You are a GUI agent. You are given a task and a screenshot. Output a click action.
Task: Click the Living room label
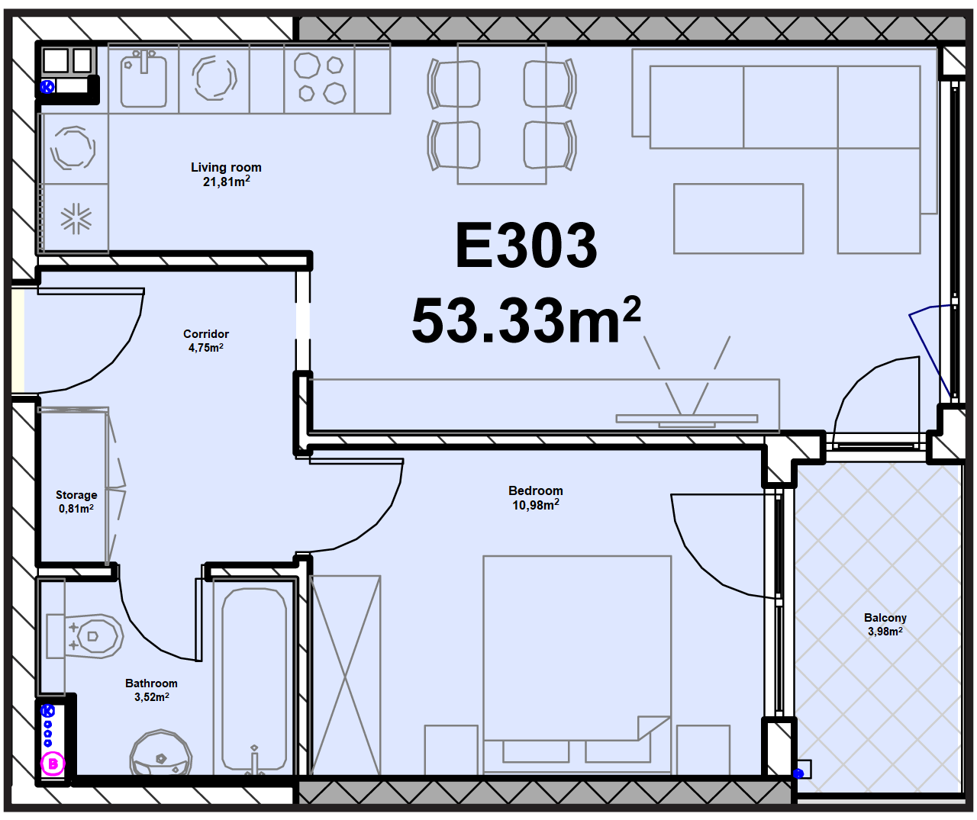[226, 168]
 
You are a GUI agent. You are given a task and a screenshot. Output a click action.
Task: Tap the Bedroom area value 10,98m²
[536, 505]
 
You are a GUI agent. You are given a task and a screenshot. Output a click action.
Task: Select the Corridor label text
[206, 334]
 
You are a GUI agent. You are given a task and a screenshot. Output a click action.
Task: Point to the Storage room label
[76, 495]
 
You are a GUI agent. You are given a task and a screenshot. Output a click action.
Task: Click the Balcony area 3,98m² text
[885, 632]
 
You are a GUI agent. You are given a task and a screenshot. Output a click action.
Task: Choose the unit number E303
[527, 245]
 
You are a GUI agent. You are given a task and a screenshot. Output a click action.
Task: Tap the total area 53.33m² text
[526, 320]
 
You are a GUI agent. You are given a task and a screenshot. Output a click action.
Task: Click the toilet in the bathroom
[85, 636]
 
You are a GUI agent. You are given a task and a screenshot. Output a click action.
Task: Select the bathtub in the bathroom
[254, 680]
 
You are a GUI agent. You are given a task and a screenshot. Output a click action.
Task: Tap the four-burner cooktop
[319, 79]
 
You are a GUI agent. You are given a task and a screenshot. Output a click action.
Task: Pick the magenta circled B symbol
[53, 764]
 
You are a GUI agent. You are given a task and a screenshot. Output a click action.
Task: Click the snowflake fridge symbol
[76, 218]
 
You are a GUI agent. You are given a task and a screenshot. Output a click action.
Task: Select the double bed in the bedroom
[577, 664]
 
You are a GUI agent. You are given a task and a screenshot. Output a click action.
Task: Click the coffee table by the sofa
[738, 218]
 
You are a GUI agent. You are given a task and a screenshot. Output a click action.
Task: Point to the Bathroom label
[151, 683]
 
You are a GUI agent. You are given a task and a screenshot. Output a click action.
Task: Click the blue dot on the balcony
[798, 774]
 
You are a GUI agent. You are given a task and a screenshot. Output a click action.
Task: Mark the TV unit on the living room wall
[686, 419]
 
